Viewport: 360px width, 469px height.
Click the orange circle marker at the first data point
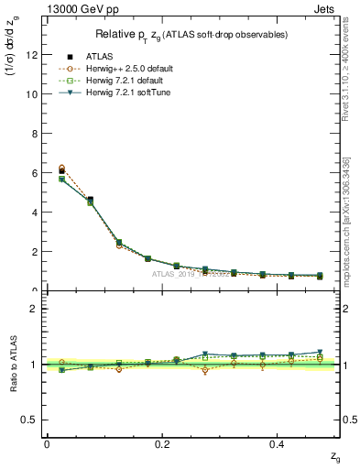click(x=61, y=169)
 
